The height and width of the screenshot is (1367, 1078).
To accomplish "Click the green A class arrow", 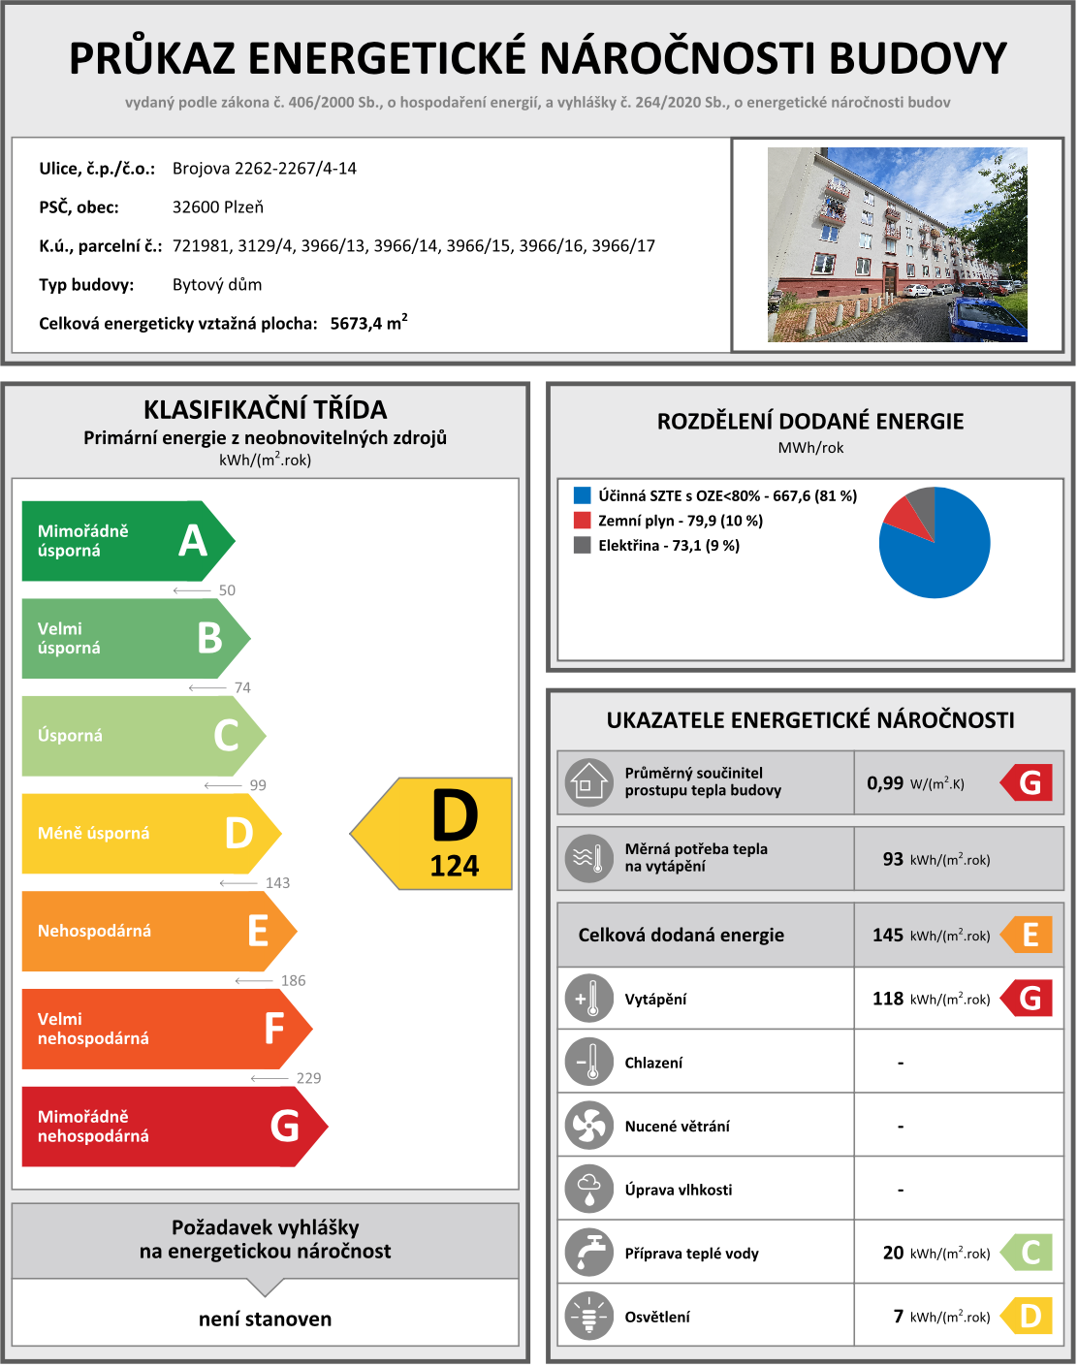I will click(x=126, y=541).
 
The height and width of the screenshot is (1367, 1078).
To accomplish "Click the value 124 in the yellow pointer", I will click(x=455, y=866).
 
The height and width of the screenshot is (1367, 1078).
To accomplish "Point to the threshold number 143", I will click(x=277, y=883).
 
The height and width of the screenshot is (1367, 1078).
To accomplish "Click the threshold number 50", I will click(x=227, y=590).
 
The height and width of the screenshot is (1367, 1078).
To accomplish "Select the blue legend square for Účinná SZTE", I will click(x=582, y=495).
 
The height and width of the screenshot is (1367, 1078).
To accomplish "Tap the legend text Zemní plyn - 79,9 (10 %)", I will click(x=680, y=521).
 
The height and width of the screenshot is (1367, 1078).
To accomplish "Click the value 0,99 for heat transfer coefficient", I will click(x=885, y=783).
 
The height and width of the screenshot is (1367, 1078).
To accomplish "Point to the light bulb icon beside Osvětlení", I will click(x=588, y=1317).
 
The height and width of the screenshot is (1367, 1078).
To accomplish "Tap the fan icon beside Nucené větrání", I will click(x=588, y=1126).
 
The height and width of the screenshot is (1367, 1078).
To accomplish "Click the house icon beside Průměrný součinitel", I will click(x=588, y=781).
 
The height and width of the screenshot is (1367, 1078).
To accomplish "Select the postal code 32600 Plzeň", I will click(x=218, y=207).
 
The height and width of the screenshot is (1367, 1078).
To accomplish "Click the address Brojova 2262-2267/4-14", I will click(x=265, y=169).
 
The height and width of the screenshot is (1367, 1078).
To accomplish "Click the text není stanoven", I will click(x=265, y=1319).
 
